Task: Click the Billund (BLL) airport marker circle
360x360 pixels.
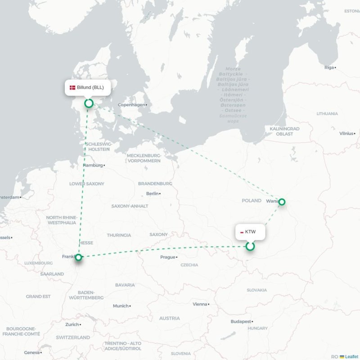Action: point(89,103)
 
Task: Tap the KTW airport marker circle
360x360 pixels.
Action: point(250,246)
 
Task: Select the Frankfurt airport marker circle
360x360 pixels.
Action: point(79,257)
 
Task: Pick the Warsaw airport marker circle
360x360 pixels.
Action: point(282,202)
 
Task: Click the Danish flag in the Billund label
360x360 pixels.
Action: point(72,88)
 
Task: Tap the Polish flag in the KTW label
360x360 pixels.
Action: point(242,232)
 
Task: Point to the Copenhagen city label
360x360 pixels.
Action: point(131,105)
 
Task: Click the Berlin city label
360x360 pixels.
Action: point(153,193)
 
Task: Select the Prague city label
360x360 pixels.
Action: point(167,257)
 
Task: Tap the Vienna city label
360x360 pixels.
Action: point(200,304)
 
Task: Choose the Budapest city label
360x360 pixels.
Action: point(241,322)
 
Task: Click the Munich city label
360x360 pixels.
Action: point(121,306)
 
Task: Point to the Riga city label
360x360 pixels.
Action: point(329,67)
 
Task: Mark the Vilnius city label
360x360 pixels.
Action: point(346,133)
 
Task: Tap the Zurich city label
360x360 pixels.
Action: point(72,324)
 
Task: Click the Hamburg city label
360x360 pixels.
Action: point(93,165)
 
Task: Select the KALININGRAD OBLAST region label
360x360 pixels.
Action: point(284,131)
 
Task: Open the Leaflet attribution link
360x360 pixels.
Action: point(351,356)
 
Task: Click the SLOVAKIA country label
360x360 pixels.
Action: point(256,290)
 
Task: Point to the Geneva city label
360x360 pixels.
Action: point(31,352)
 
